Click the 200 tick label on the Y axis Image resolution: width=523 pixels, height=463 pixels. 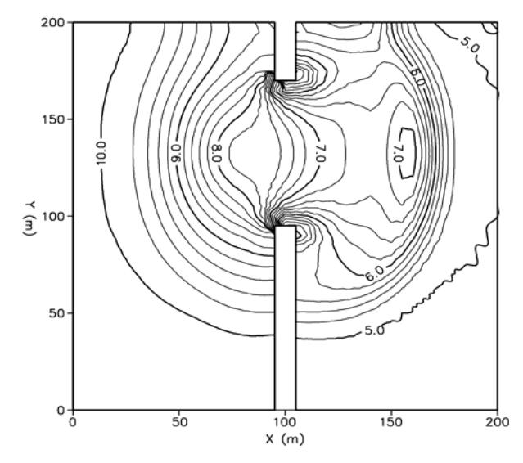pyautogui.click(x=52, y=23)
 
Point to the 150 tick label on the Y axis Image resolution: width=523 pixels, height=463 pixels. pyautogui.click(x=52, y=119)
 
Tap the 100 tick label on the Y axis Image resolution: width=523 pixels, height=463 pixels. pyautogui.click(x=52, y=216)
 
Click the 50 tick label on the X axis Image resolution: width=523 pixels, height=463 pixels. pyautogui.click(x=179, y=422)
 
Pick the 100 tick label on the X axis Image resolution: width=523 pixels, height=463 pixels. pyautogui.click(x=285, y=422)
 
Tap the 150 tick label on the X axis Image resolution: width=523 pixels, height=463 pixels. pyautogui.click(x=391, y=422)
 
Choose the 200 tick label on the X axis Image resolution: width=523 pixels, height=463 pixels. pyautogui.click(x=498, y=422)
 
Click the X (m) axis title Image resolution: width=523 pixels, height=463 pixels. pyautogui.click(x=285, y=439)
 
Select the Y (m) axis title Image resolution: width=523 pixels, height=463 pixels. pyautogui.click(x=29, y=218)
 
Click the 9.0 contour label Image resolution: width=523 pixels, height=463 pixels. pyautogui.click(x=176, y=153)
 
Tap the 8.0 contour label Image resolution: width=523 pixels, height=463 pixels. pyautogui.click(x=216, y=153)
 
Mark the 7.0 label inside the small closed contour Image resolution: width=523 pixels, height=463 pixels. pyautogui.click(x=399, y=153)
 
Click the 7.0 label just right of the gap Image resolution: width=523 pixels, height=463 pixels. pyautogui.click(x=319, y=153)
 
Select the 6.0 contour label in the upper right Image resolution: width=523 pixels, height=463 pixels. pyautogui.click(x=417, y=77)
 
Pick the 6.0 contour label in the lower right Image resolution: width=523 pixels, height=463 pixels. pyautogui.click(x=375, y=273)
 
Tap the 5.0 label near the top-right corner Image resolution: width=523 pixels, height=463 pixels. pyautogui.click(x=470, y=44)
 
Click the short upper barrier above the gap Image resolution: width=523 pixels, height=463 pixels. pyautogui.click(x=286, y=52)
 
